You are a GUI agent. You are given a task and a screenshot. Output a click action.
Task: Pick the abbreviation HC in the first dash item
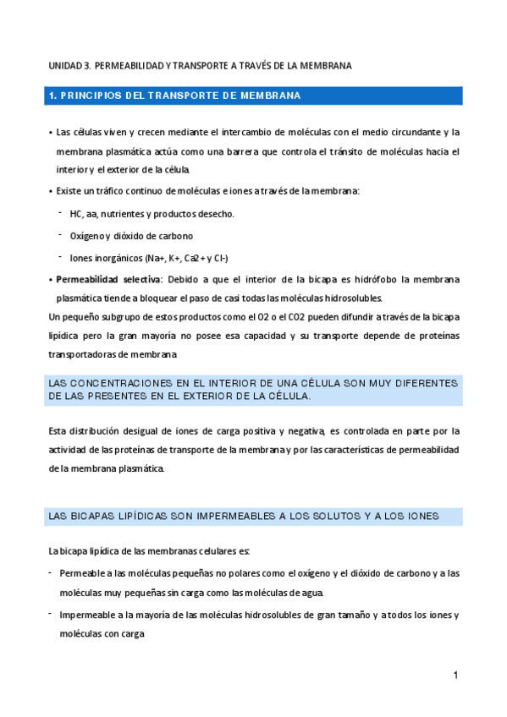pyautogui.click(x=76, y=214)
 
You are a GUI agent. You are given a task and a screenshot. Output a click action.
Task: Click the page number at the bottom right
pyautogui.click(x=455, y=676)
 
